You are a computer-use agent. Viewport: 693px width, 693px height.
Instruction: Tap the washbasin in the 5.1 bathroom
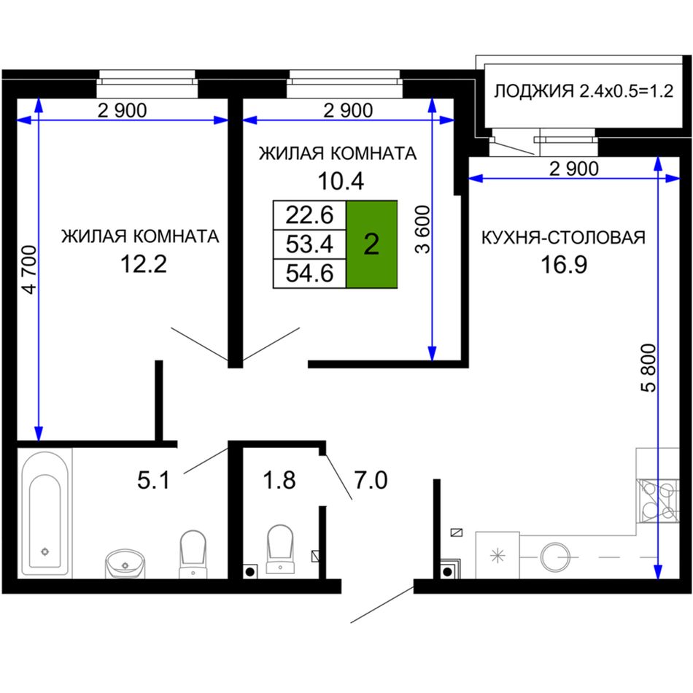coord(125,563)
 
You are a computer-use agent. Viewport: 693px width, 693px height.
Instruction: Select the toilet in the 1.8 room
coord(280,550)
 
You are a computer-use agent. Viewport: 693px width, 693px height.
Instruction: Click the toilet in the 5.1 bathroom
coord(193,554)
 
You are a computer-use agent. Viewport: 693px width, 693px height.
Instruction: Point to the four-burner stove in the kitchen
coord(657,500)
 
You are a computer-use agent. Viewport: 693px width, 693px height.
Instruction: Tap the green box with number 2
coord(372,244)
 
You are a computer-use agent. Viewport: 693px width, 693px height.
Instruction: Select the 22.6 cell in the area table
coord(309,214)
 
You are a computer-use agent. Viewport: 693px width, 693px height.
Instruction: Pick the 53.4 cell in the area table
coord(309,244)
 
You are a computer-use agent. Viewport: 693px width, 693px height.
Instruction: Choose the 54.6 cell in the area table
coord(309,273)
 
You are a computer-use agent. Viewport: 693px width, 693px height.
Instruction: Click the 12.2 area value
coord(144,264)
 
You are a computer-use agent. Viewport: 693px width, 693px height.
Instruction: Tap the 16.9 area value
coord(564,264)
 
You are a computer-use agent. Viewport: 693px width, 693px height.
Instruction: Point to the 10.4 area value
coord(341,181)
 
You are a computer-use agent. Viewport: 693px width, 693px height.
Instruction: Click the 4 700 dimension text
coord(30,270)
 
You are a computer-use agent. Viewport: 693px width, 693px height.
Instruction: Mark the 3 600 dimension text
coord(423,229)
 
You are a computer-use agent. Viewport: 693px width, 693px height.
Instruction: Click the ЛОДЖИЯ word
coord(533,91)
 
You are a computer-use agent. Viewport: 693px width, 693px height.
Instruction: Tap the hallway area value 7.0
coord(371,480)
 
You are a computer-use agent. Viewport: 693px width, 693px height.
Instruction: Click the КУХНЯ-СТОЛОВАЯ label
coord(563,238)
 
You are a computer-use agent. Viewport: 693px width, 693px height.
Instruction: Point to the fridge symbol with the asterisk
coord(498,555)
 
